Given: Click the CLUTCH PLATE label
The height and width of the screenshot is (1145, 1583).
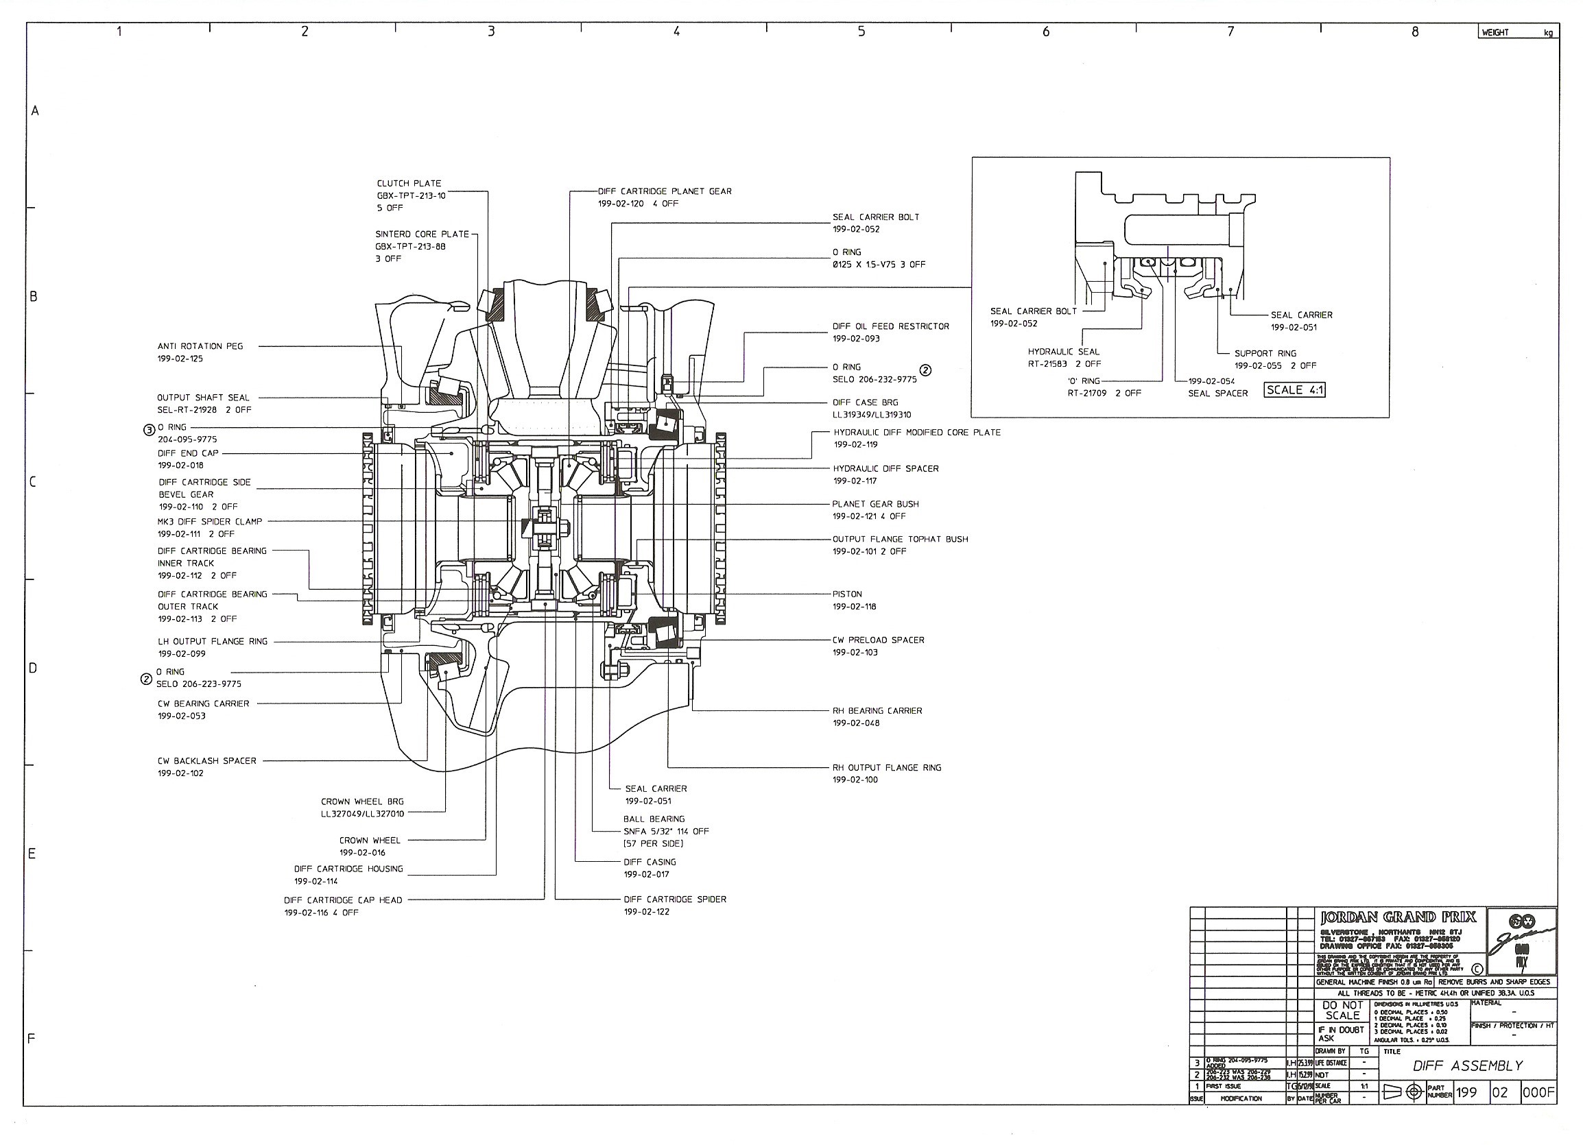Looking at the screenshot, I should (409, 184).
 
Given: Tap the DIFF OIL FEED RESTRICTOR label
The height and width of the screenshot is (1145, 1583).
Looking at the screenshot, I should (891, 326).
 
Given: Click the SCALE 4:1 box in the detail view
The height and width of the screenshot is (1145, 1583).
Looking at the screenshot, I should (1294, 390).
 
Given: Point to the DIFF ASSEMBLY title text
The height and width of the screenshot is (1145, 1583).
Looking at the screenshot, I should (1467, 1065).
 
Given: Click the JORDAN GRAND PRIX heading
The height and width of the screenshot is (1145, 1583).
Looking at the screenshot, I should (1398, 917).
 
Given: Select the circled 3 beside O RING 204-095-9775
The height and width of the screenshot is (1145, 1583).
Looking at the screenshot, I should (149, 430).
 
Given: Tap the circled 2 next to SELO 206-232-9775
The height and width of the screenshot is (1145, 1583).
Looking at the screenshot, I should (925, 370).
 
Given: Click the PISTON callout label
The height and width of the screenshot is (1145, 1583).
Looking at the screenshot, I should (846, 594).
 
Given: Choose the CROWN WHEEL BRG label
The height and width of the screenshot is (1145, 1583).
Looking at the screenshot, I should (362, 801).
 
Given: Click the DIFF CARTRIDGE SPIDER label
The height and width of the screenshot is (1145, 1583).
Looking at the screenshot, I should (674, 900).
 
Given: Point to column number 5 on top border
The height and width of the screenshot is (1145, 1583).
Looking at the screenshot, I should (861, 32).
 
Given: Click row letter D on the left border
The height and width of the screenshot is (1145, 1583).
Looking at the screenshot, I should (33, 668).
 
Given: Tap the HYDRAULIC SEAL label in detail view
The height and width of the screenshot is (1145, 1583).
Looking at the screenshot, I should (1063, 352).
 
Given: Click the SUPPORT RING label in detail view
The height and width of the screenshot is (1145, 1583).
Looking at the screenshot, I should (1265, 353).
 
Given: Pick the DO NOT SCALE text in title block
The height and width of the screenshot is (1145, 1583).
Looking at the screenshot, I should (1342, 1011).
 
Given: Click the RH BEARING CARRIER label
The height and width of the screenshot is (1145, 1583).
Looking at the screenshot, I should (877, 710).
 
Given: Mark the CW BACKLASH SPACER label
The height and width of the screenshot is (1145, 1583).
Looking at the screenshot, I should (206, 760).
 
